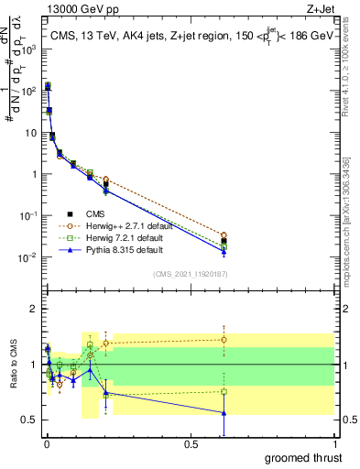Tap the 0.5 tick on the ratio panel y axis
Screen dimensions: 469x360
[x=28, y=420]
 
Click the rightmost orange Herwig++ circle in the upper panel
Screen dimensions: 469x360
[x=224, y=235]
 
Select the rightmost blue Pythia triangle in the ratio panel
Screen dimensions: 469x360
[x=224, y=412]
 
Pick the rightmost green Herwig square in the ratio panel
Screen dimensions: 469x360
[x=224, y=391]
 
